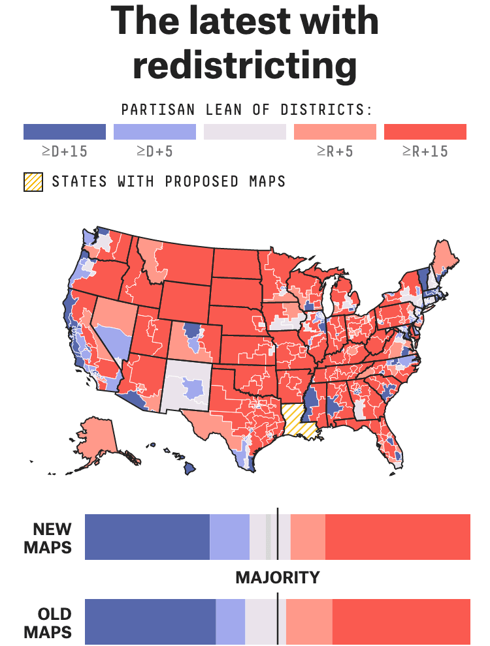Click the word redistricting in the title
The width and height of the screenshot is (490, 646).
[245, 65]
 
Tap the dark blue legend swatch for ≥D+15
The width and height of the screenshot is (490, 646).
[65, 132]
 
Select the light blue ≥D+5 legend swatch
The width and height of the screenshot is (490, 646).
[155, 132]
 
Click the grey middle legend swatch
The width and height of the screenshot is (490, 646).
[245, 132]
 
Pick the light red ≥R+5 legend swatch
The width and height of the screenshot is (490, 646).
[335, 132]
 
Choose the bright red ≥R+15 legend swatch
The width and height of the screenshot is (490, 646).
[425, 132]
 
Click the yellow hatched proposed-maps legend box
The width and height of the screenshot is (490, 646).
[33, 181]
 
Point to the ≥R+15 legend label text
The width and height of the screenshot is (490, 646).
[425, 152]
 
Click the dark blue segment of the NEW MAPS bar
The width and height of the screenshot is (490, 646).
[147, 537]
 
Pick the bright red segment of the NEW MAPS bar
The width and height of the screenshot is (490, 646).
[397, 537]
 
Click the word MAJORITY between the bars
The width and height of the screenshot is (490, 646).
[278, 577]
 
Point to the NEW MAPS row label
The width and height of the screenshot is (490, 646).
[48, 537]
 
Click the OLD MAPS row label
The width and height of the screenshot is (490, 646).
[48, 623]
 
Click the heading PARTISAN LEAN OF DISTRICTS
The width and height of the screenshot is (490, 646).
[247, 110]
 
